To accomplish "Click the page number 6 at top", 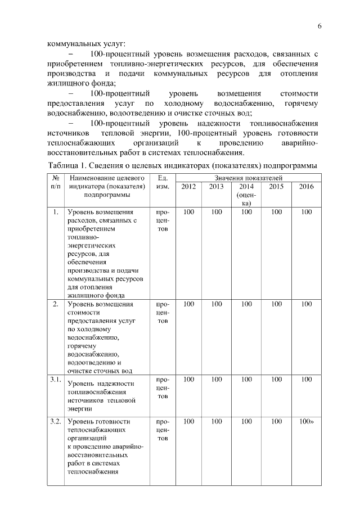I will coord(319,26).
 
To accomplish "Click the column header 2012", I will coord(189,187).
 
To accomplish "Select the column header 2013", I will coord(217,187).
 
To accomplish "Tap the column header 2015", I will coord(276,187).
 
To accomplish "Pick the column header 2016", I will coord(307,187).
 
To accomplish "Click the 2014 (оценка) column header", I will coord(246,195).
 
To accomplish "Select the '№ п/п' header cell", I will coord(55,182).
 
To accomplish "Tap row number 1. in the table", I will coord(55,212).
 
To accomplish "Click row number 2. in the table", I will coord(55,304).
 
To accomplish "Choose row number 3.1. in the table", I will coord(55,380).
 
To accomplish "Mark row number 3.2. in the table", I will coord(55,421).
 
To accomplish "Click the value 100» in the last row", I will coord(307,421).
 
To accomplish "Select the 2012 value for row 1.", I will coord(189,212).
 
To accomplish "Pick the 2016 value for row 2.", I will coord(307,304).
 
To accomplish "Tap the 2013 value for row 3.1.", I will coord(217,380).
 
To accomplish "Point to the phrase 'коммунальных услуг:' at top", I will coord(86,43).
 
